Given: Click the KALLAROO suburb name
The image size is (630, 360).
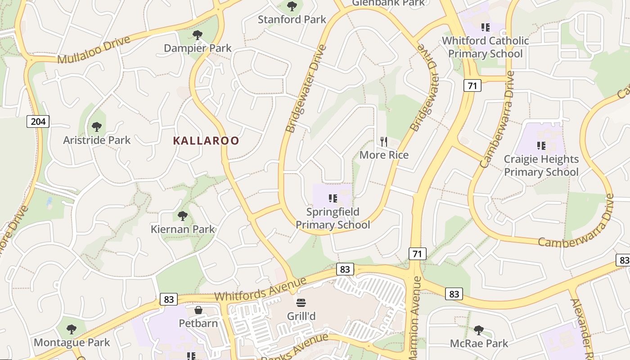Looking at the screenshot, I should [x=206, y=141].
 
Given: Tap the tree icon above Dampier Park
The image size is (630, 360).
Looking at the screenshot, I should [x=197, y=35].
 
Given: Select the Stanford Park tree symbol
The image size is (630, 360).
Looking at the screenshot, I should [x=292, y=6].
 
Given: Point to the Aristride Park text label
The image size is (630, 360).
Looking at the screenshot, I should [x=97, y=140].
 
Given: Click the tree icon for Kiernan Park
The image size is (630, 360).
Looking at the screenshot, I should [x=182, y=216].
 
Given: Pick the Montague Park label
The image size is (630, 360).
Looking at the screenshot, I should [x=72, y=342].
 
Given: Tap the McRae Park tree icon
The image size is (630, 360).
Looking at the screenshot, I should [x=479, y=331].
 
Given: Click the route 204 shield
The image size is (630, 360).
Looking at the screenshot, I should [x=38, y=121].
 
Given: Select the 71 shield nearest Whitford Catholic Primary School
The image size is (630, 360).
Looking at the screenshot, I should [x=472, y=85].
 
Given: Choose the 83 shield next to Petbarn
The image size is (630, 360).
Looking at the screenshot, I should [x=168, y=299].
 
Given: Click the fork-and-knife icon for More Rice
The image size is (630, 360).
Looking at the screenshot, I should [x=384, y=142].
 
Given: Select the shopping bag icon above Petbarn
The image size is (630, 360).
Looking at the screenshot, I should [x=198, y=310].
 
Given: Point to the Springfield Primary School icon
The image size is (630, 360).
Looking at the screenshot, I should [x=333, y=198].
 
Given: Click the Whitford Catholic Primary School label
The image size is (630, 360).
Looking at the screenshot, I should [x=485, y=47].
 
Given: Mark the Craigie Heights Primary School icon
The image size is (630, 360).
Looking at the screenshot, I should [x=541, y=145].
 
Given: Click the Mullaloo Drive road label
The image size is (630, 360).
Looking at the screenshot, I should [x=94, y=50].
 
